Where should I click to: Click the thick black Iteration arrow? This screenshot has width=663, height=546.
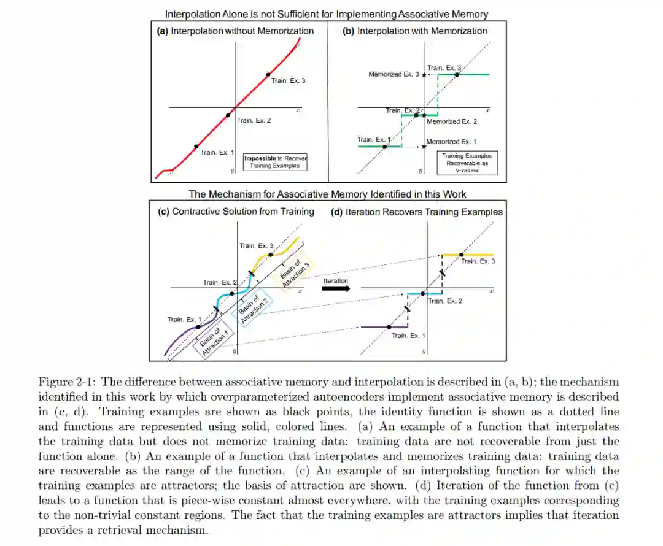[x=336, y=288]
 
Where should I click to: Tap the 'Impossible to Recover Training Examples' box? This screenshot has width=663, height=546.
[x=274, y=162]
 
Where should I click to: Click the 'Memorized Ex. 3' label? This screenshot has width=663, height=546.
[x=394, y=74]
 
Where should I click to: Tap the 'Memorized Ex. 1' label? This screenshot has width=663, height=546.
[x=451, y=142]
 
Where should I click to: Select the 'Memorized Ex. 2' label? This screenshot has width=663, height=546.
[x=452, y=121]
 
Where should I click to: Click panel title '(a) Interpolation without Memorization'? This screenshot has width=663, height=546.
[x=236, y=31]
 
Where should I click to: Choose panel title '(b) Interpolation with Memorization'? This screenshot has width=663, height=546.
[x=415, y=31]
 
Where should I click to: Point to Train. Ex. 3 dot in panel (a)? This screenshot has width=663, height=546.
[x=268, y=75]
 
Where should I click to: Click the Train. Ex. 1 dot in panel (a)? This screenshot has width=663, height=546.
[x=196, y=146]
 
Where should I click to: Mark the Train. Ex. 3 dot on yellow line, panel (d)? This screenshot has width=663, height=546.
[x=462, y=254]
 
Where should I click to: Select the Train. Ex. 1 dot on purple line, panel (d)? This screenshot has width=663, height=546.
[x=388, y=327]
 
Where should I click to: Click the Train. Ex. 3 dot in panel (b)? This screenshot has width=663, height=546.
[x=457, y=74]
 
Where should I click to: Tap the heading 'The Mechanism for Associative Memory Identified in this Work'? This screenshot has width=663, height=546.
[x=327, y=194]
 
